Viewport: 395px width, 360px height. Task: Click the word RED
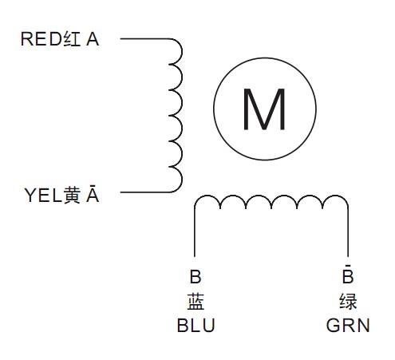(41, 39)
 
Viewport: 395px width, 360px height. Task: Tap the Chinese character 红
(72, 39)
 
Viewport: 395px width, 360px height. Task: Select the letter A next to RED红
(93, 39)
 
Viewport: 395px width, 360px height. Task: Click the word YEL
(43, 196)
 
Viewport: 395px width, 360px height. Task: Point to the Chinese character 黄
(72, 196)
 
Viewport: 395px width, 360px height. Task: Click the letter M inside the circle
(264, 109)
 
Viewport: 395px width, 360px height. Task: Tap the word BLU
(196, 326)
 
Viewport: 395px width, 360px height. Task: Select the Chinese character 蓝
(196, 302)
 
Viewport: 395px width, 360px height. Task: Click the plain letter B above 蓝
(196, 276)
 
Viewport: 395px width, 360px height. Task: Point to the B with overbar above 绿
(348, 274)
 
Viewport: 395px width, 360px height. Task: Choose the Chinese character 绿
(348, 302)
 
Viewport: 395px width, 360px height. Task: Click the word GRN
(348, 326)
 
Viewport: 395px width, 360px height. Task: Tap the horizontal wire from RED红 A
(145, 39)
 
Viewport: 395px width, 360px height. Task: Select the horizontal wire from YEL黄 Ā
(145, 192)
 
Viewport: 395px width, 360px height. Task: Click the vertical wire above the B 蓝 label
(195, 232)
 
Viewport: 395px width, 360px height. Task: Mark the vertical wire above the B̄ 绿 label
(348, 232)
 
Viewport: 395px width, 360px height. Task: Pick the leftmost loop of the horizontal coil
(207, 196)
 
